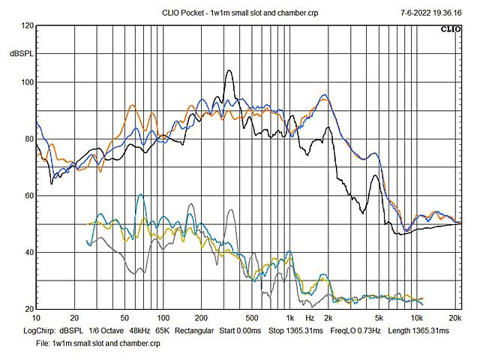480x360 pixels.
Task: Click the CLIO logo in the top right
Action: pos(450,29)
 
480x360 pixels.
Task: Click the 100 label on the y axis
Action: pos(27,82)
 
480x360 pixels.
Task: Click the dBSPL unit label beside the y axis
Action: pos(21,55)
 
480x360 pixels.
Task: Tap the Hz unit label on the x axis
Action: pos(309,318)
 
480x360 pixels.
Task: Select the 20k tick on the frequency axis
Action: pos(455,318)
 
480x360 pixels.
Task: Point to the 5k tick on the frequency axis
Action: pos(379,318)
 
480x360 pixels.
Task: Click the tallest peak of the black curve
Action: pos(229,70)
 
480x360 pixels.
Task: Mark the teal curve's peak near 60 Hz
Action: pos(140,194)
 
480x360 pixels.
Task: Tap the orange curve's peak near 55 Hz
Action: pos(133,106)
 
